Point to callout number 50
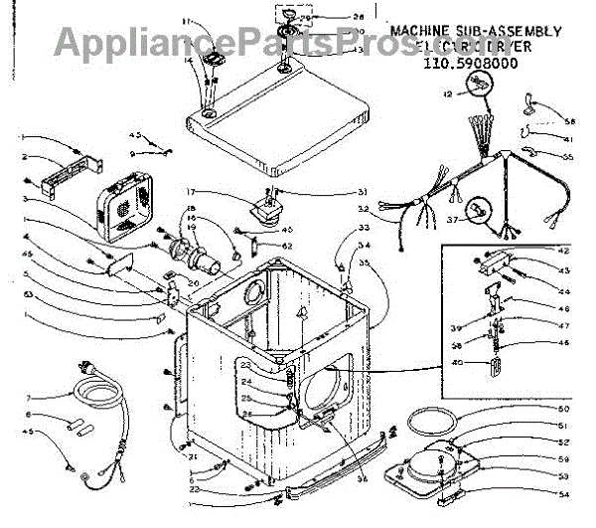click(562, 409)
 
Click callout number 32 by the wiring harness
click(365, 208)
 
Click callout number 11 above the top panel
click(185, 21)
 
